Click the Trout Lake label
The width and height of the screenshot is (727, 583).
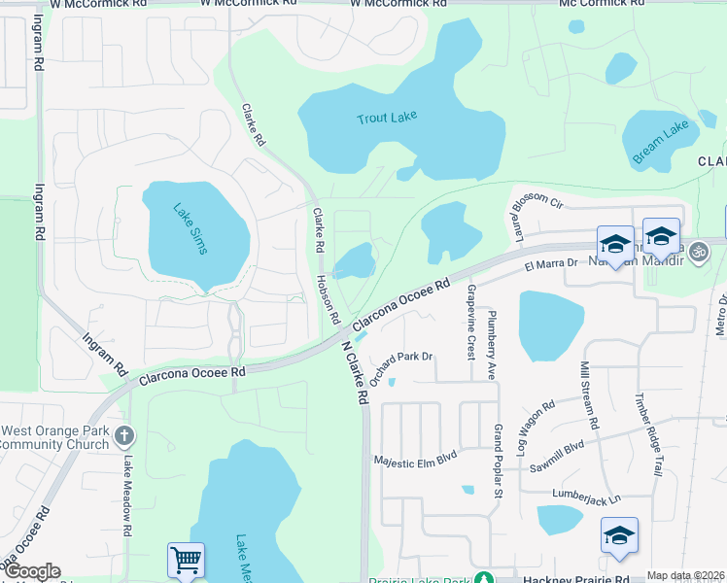pos(386,118)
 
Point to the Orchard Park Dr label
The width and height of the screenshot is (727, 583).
pos(401,358)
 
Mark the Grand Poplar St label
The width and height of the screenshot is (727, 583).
pos(497,463)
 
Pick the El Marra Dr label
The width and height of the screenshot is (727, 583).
pos(551,263)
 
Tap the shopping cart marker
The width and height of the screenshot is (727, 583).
pos(186,559)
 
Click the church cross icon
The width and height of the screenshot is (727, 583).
pos(123,436)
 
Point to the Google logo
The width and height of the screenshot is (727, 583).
pos(32,571)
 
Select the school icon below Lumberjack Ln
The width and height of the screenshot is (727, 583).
pos(619,535)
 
